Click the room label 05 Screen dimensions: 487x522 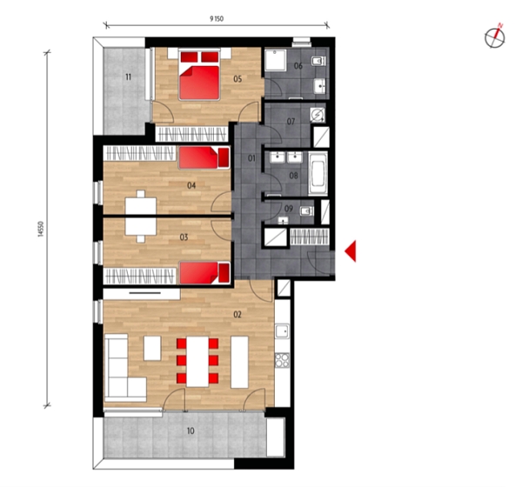click(237, 78)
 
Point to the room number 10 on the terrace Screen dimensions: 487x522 click(191, 431)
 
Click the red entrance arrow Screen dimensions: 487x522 click(351, 251)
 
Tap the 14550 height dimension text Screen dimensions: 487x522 click(41, 232)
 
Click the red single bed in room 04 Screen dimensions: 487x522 click(204, 157)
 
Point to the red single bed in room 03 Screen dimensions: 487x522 click(204, 272)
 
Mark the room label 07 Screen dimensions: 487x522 click(292, 120)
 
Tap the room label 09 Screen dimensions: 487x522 click(288, 209)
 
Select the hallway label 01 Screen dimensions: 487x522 click(251, 158)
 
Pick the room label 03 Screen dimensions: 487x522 click(184, 237)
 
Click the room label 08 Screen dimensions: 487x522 click(293, 175)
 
